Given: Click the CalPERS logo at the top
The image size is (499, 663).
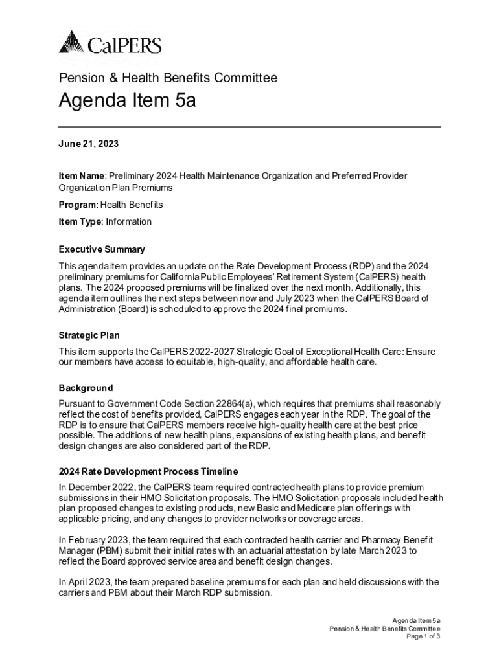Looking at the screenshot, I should coord(110,44).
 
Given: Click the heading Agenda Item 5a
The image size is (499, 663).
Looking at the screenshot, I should coord(128,101).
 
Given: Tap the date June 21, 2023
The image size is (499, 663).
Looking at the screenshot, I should coord(89,144).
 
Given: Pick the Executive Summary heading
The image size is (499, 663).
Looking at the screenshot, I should coord(102,249).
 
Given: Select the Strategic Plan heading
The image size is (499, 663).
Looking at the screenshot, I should coord(89,335).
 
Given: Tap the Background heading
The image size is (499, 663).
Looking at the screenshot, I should coord(86,388).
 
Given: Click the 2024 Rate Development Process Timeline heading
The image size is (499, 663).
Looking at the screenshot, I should coord(148,471).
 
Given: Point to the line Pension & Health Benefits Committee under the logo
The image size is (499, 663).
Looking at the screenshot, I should coord(168,78).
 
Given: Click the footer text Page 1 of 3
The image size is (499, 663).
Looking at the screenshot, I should coord(424,636).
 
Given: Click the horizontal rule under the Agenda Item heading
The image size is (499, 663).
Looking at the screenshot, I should coord(250,126).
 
